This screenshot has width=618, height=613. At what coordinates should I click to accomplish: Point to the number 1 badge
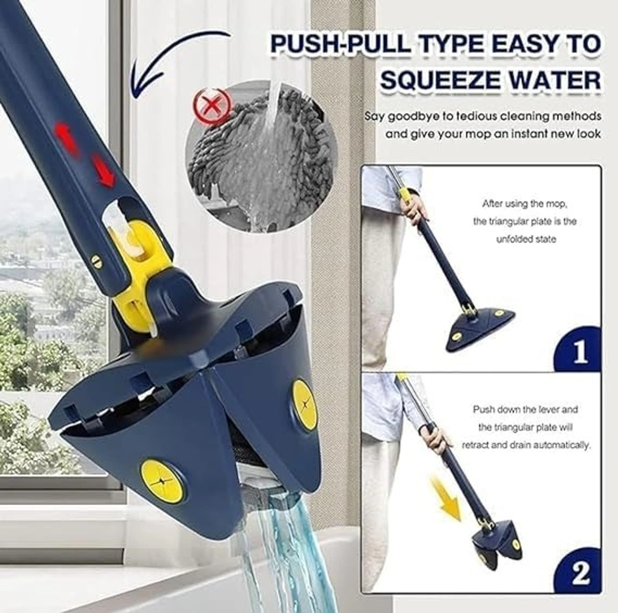click(x=580, y=352)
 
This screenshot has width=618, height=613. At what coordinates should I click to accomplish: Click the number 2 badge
click(x=580, y=573)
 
